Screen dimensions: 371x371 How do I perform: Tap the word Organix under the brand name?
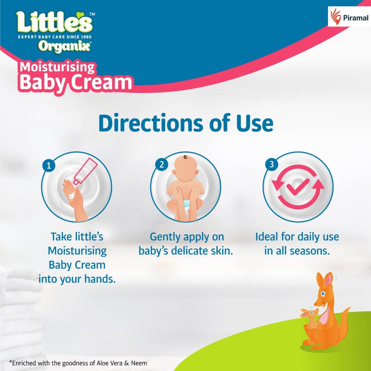coord(64,46)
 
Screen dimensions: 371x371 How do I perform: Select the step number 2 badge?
coord(161,164)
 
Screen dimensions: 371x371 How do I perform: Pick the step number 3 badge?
coord(271,164)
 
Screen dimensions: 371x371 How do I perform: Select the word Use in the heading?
coord(255,123)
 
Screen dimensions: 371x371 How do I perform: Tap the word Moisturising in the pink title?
coord(57,67)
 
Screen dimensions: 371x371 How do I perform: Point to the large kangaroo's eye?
coord(323,293)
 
